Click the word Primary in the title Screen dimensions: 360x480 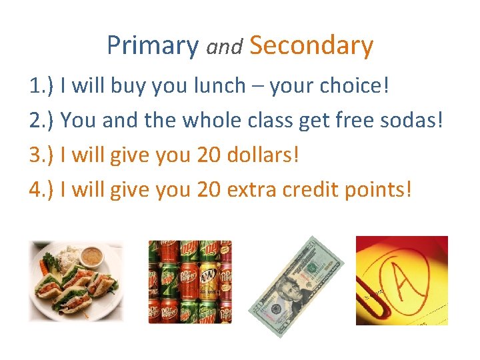point(152,45)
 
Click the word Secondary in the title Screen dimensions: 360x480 point(311,45)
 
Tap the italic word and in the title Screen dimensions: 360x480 point(224,47)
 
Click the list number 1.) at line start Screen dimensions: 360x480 point(41,85)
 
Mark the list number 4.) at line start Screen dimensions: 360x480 point(41,189)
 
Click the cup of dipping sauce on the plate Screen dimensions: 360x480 point(91,257)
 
